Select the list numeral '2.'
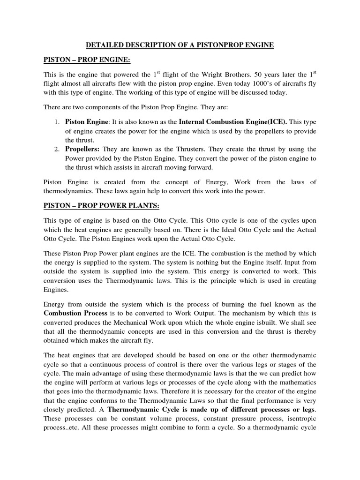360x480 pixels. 56,149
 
